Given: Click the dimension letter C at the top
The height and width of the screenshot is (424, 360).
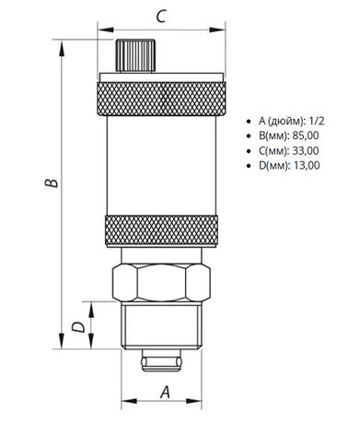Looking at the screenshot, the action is tap(161, 17).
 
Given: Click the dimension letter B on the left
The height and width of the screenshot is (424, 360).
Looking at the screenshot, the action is tap(51, 182).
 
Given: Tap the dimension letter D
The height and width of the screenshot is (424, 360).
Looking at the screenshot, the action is tap(78, 327).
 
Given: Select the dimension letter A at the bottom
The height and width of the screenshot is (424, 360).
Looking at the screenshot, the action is tap(165, 392).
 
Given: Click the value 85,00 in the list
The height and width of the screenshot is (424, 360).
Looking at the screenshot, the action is tap(306, 135).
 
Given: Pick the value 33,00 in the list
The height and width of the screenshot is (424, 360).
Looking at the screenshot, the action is tap(306, 150).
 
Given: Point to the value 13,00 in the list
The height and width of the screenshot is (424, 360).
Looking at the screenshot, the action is tap(307, 165).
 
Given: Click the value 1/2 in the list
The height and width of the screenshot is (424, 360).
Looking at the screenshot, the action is tap(317, 121).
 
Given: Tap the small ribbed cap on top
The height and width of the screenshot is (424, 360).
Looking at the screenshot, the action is tap(135, 55).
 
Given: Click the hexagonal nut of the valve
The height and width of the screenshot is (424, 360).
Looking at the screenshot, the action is tap(161, 282).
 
